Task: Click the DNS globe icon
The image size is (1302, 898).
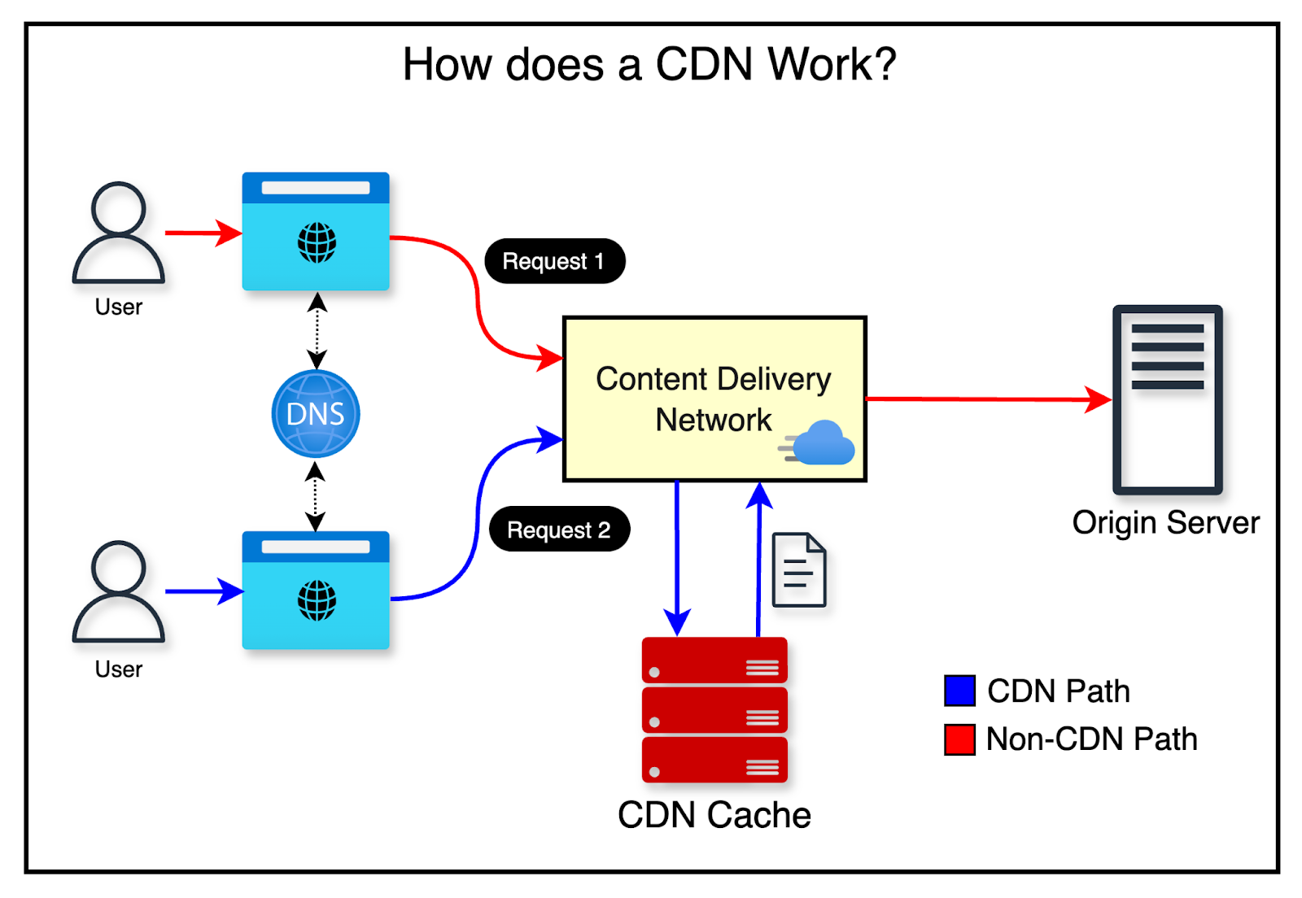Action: click(x=316, y=414)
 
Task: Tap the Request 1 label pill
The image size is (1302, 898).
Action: click(x=554, y=261)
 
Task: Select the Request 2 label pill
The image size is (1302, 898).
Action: click(x=559, y=530)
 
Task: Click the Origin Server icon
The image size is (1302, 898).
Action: click(x=1167, y=399)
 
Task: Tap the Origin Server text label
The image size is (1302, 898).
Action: click(x=1165, y=522)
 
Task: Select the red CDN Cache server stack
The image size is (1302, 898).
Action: click(x=714, y=709)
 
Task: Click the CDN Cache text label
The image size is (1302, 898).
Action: click(x=714, y=815)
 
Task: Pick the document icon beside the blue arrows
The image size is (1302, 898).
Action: click(x=799, y=570)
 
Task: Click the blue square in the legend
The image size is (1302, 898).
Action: click(x=959, y=691)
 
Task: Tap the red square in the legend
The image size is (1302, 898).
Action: click(x=959, y=739)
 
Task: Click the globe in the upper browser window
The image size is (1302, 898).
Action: click(x=317, y=242)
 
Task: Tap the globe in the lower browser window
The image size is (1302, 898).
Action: click(x=317, y=600)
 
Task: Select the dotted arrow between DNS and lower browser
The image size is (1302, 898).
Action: click(x=316, y=497)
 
